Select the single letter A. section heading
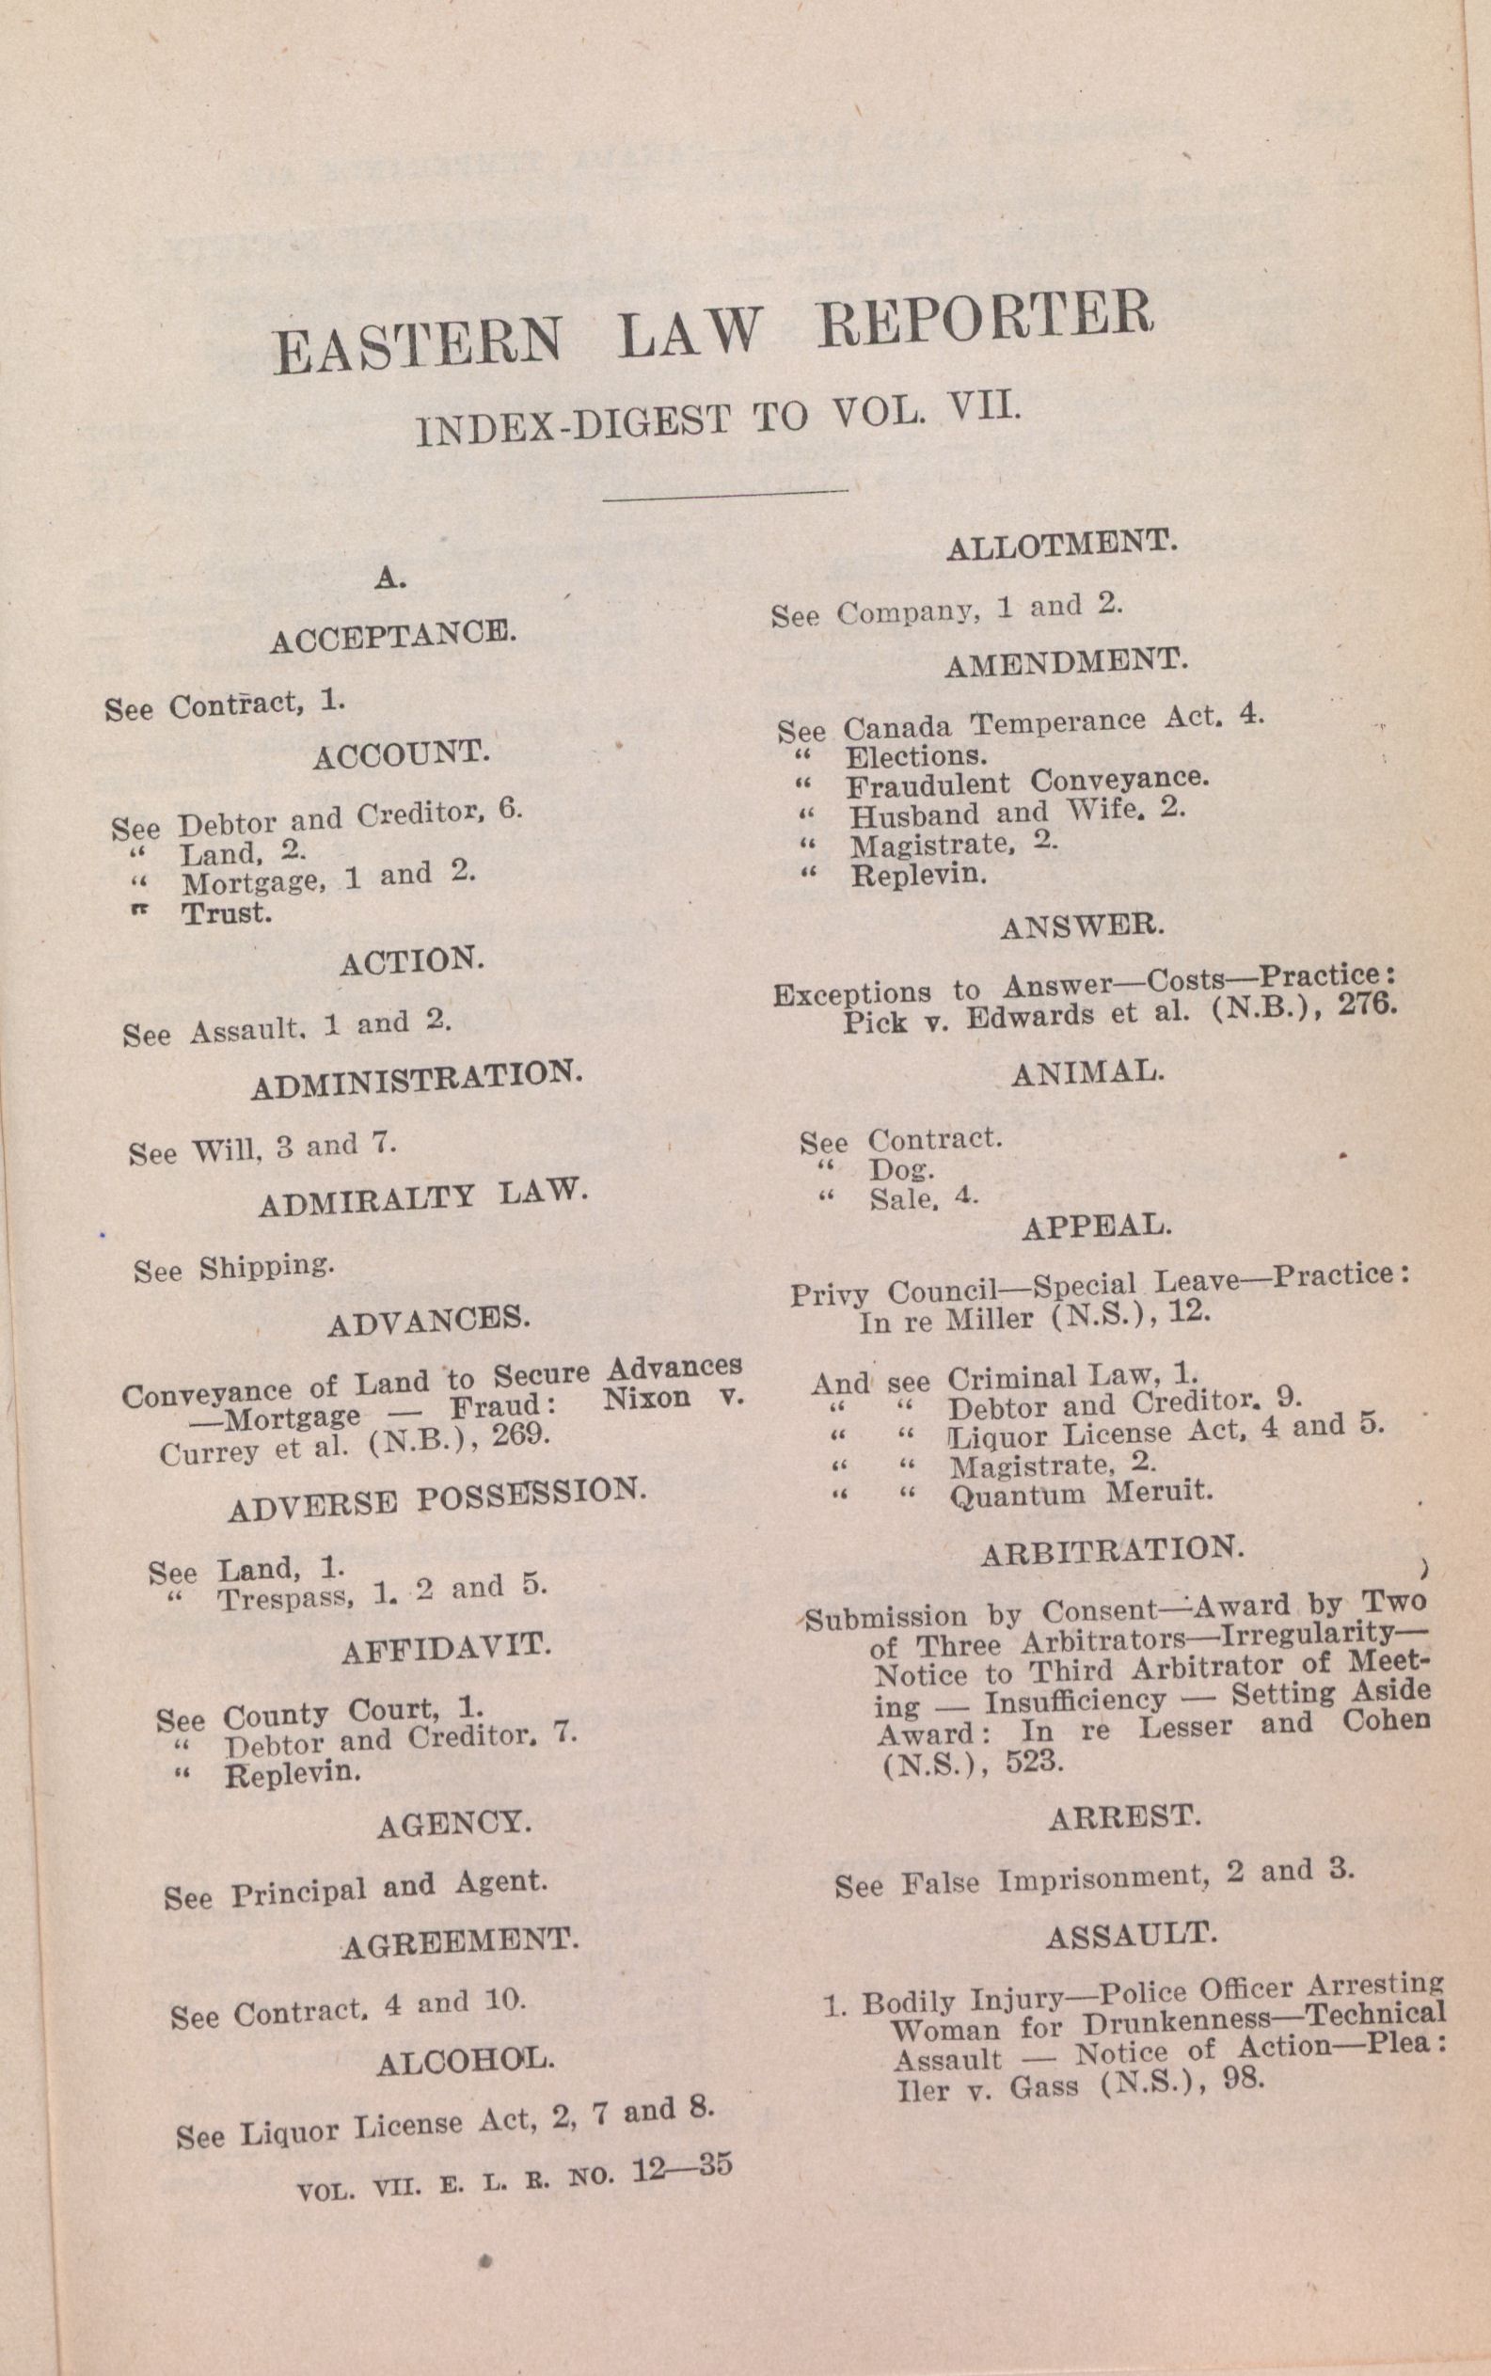click(x=390, y=579)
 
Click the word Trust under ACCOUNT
click(x=226, y=913)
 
